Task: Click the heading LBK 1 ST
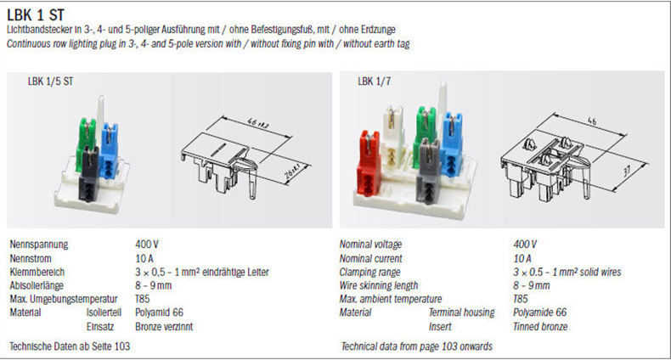point(36,15)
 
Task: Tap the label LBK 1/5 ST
point(50,82)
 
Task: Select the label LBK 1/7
point(374,82)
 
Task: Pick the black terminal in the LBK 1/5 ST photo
point(88,174)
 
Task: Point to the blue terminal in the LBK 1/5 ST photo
point(110,152)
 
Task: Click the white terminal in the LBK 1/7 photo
point(394,137)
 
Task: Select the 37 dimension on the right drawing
point(628,172)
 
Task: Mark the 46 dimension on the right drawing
point(591,121)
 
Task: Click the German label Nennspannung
point(39,245)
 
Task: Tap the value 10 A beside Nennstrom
point(144,259)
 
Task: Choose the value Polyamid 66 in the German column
point(159,312)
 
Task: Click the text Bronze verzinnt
point(164,327)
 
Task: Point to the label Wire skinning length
point(378,285)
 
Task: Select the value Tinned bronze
point(540,327)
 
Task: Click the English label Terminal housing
point(461,312)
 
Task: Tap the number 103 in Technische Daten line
point(122,346)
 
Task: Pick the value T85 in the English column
point(521,299)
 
